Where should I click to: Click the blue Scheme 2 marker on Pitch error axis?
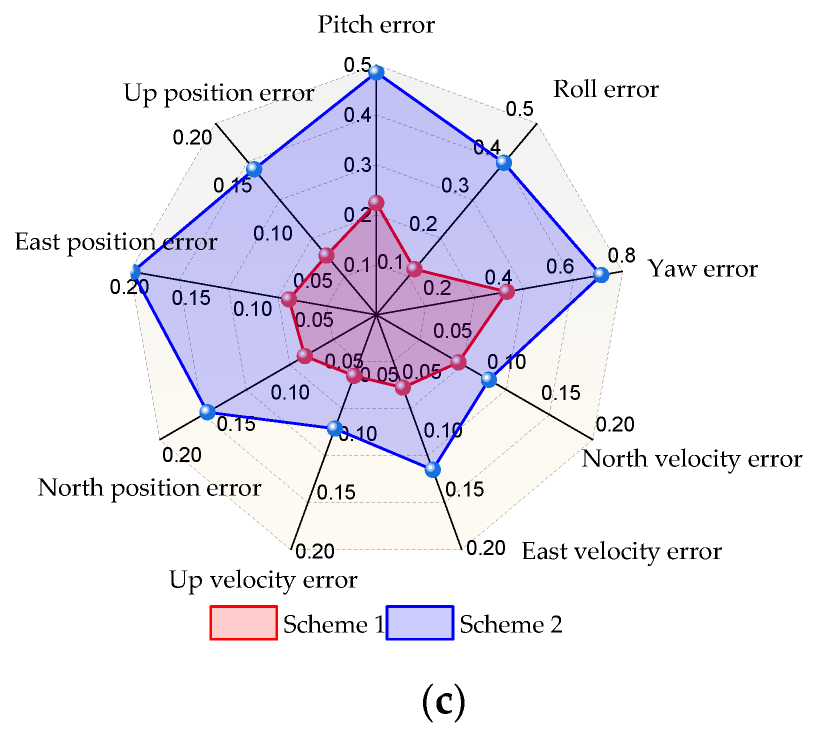[x=376, y=72]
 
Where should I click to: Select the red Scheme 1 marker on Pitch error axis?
[x=376, y=203]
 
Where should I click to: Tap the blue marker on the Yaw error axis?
[x=601, y=274]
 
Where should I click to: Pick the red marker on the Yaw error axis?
[x=506, y=291]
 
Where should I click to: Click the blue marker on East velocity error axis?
[x=433, y=469]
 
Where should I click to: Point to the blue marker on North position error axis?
[x=207, y=412]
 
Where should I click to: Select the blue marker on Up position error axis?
[x=254, y=169]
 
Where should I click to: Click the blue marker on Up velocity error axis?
[x=334, y=428]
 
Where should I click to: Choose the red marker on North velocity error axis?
[x=458, y=362]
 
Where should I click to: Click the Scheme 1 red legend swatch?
[x=243, y=622]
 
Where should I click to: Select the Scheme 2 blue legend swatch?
[x=420, y=622]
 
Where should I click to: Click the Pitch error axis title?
[x=376, y=24]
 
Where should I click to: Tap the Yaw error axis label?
[x=702, y=269]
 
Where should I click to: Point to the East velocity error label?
[x=621, y=551]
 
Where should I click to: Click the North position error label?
[x=149, y=488]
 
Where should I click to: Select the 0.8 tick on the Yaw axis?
[x=621, y=255]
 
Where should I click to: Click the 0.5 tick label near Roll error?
[x=519, y=109]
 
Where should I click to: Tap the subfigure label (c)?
[x=443, y=702]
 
